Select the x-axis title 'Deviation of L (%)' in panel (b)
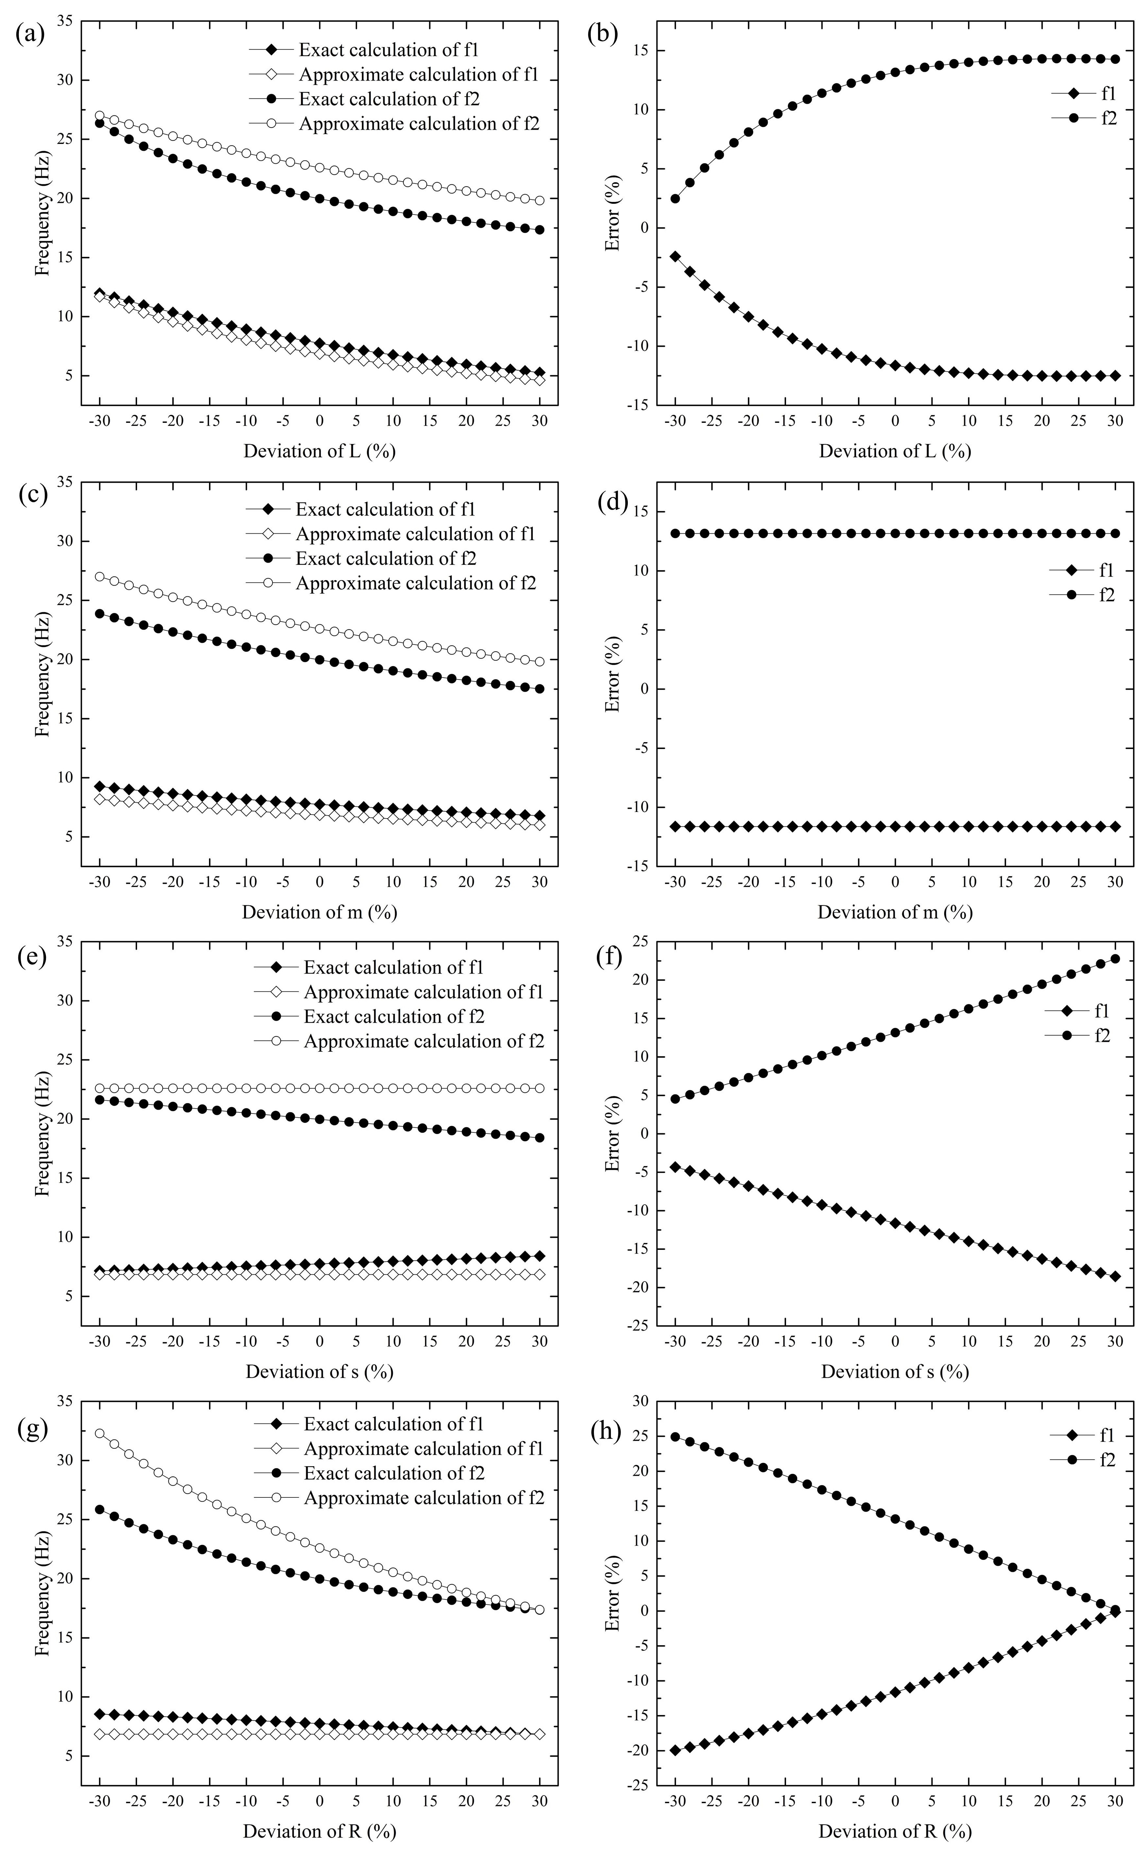pyautogui.click(x=894, y=451)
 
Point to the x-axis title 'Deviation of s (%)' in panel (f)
pyautogui.click(x=894, y=1371)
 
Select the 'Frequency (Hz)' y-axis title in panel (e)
pyautogui.click(x=43, y=1134)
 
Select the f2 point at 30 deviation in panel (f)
pyautogui.click(x=1115, y=959)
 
